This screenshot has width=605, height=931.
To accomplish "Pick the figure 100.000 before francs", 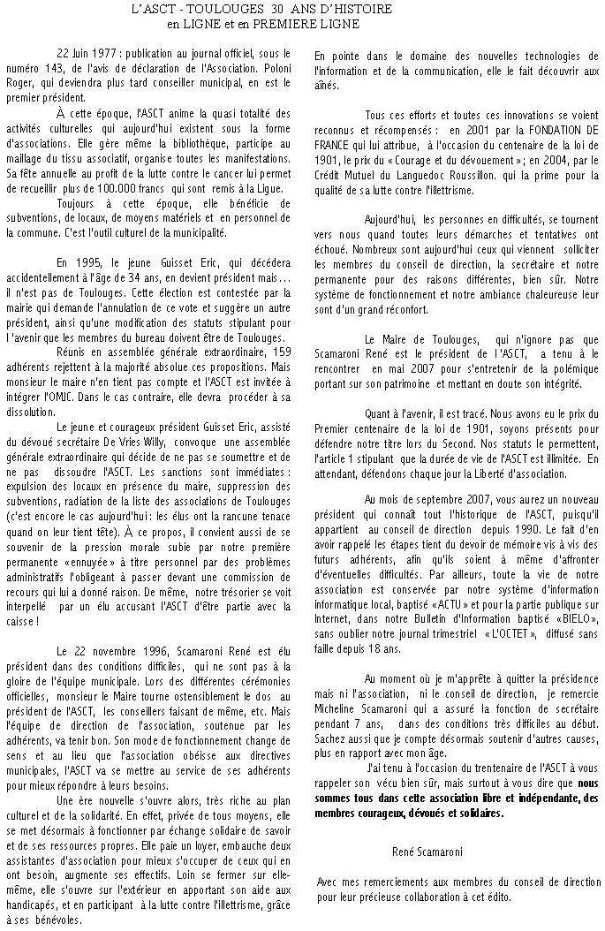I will click(x=156, y=187).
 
